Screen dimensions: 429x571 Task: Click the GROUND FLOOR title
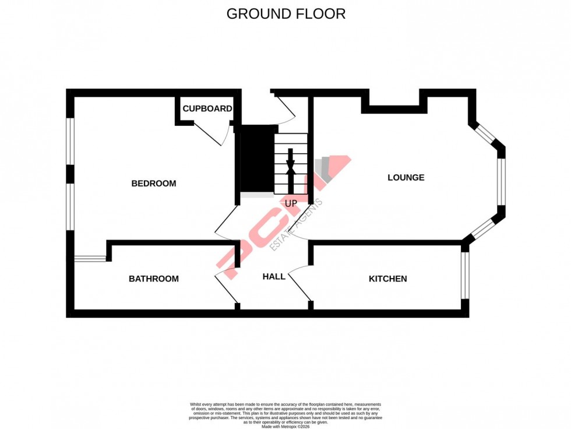pos(285,14)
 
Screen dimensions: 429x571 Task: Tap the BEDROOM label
pos(153,184)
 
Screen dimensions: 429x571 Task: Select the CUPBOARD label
pos(207,109)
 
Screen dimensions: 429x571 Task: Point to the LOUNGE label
pos(406,178)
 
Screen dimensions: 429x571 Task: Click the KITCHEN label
pos(387,279)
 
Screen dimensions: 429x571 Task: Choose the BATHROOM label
pos(154,279)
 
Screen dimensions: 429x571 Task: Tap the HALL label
pos(274,276)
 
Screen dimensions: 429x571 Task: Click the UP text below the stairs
pos(291,203)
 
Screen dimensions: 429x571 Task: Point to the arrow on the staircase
pos(291,163)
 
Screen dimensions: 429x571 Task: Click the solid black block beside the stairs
pos(256,159)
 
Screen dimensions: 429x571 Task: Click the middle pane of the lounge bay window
pos(501,182)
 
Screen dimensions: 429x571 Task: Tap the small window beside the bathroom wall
pos(90,258)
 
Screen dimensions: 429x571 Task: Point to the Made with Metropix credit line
pos(285,427)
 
